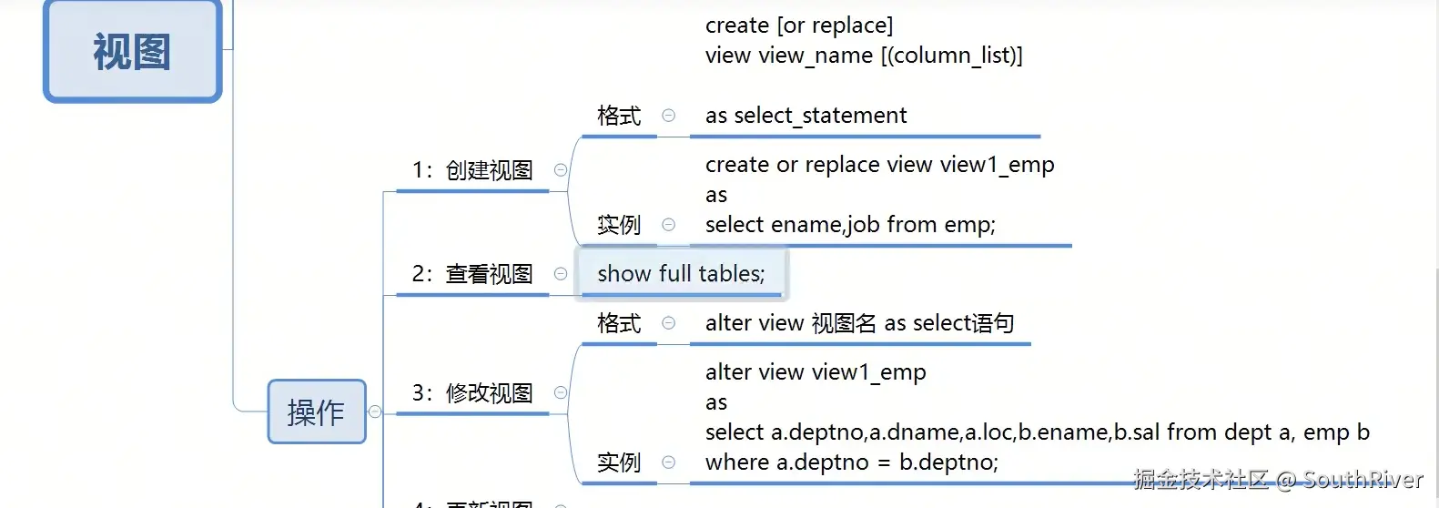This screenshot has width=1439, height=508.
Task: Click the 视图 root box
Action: coord(132,51)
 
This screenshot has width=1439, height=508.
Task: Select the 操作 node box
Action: coord(316,412)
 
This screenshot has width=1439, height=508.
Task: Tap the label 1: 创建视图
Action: coord(471,170)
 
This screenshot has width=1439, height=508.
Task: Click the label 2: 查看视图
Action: coord(471,274)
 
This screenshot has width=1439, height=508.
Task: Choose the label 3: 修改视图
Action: coord(471,393)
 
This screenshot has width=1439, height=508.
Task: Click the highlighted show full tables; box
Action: coord(681,274)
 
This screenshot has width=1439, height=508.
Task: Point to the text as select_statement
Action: coord(806,116)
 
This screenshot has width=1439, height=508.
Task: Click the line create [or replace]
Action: coord(799,25)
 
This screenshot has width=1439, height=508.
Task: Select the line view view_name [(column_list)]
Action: coord(863,56)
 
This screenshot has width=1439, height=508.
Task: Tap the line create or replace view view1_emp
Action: coord(879,165)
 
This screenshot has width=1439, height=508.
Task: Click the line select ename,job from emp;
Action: coord(850,225)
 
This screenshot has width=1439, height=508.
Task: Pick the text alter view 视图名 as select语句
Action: coord(859,323)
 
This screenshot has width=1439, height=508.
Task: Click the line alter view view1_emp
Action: coord(816,372)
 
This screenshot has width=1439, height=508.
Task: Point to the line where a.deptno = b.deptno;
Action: coord(851,462)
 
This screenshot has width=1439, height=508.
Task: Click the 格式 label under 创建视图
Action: coord(619,117)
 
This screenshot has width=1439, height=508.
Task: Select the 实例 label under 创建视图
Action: coord(619,225)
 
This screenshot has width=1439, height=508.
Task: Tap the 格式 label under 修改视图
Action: coord(619,323)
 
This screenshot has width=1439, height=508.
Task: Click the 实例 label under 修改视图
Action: coord(619,462)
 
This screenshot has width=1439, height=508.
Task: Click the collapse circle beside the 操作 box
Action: coord(375,412)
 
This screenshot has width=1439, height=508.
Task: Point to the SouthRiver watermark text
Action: coord(1362,480)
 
